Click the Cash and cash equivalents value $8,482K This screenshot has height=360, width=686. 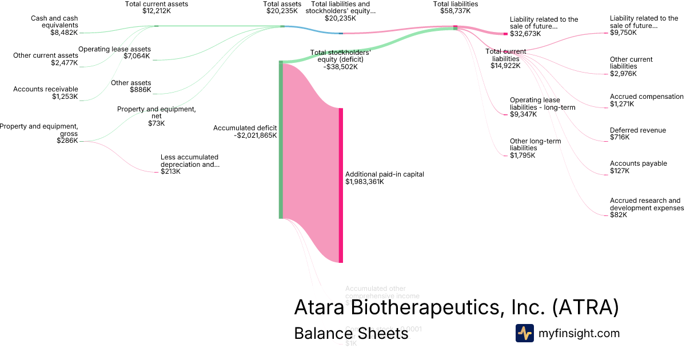click(63, 33)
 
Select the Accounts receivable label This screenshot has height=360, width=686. click(45, 89)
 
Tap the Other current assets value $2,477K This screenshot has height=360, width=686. click(63, 63)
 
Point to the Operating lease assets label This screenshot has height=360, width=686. click(114, 49)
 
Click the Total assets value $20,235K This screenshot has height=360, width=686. click(282, 11)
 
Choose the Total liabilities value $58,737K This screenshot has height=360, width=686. click(456, 11)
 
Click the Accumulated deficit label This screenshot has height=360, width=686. click(245, 128)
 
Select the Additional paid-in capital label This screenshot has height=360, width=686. click(385, 174)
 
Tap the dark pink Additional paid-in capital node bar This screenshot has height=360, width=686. click(341, 185)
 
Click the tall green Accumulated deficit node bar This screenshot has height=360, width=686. click(281, 139)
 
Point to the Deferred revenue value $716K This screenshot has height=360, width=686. click(619, 137)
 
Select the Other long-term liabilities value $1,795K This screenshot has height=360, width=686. click(523, 155)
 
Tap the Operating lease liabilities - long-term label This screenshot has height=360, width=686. click(543, 103)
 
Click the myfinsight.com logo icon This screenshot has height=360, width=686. click(524, 333)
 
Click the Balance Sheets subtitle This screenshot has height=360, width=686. click(351, 333)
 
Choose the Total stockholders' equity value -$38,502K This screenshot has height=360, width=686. click(340, 67)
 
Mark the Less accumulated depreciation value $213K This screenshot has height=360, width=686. click(171, 171)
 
